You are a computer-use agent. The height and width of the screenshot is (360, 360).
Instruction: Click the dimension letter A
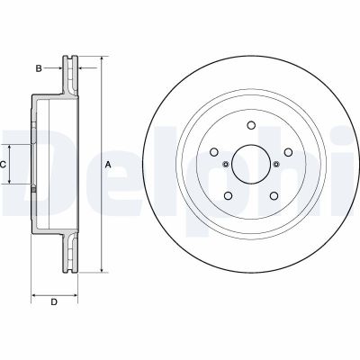click(x=108, y=165)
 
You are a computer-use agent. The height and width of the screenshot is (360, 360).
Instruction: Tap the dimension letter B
click(x=39, y=67)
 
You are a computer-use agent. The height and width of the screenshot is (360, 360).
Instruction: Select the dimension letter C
click(x=4, y=165)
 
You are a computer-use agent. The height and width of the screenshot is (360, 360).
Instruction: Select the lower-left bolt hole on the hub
click(x=229, y=197)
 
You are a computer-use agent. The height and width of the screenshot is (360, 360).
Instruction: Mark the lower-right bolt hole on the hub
click(x=273, y=196)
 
